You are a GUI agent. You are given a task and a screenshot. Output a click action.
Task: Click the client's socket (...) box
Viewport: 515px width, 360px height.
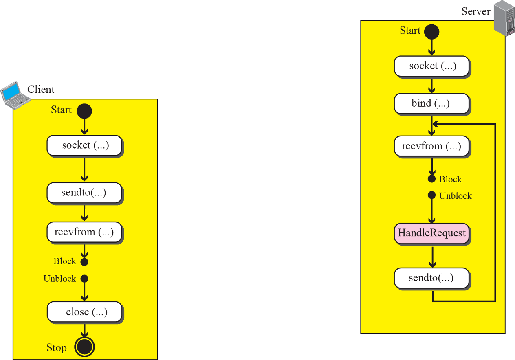coord(84,145)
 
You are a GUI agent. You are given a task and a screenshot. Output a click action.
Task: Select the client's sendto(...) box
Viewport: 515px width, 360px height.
coord(84,193)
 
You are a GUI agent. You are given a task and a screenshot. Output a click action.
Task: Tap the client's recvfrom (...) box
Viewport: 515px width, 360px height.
coord(84,232)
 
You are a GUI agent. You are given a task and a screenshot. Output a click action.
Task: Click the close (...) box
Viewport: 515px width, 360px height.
coord(84,312)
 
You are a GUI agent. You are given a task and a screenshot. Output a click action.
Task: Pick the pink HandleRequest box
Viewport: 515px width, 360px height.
coord(432,233)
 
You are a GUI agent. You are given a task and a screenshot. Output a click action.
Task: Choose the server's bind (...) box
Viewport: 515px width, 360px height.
coord(432,103)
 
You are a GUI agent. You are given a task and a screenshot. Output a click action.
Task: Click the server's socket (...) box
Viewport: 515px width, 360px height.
coord(432,66)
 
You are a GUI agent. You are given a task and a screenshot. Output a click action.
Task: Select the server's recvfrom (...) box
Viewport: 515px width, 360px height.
coord(432,146)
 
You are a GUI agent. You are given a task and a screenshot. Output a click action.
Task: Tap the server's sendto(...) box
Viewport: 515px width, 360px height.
coord(432,278)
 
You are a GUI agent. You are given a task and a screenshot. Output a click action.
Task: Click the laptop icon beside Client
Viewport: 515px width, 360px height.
coord(15,95)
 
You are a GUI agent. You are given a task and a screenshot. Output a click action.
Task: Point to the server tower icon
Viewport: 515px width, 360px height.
coord(504,18)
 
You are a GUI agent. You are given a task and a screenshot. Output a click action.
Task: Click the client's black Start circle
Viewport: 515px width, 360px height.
coord(84,111)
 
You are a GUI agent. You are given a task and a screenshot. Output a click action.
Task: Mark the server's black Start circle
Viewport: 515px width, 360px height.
coord(431,32)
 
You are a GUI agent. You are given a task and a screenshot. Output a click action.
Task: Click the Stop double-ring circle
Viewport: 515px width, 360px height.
coord(84,347)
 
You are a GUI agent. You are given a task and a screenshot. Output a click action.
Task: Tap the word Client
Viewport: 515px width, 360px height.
coord(41,89)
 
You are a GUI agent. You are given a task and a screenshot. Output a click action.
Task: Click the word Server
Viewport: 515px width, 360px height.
coord(476,11)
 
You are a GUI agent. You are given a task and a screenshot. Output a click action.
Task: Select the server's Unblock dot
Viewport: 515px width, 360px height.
coord(431,195)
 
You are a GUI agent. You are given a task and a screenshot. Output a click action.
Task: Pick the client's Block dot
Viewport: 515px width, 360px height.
coord(84,262)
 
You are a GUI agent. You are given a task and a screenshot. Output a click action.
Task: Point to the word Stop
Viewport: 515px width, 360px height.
coord(57,348)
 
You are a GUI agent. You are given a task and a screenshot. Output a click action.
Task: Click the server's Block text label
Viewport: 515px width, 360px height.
coord(450,180)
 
